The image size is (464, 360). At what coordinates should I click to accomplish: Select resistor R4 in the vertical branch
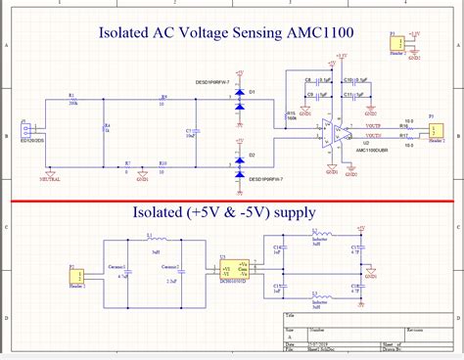(x=104, y=131)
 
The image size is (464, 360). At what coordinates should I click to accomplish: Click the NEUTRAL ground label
(x=51, y=179)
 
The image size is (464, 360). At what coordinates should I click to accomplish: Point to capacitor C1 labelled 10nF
(x=196, y=131)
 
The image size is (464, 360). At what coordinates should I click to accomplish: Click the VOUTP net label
(x=373, y=126)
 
